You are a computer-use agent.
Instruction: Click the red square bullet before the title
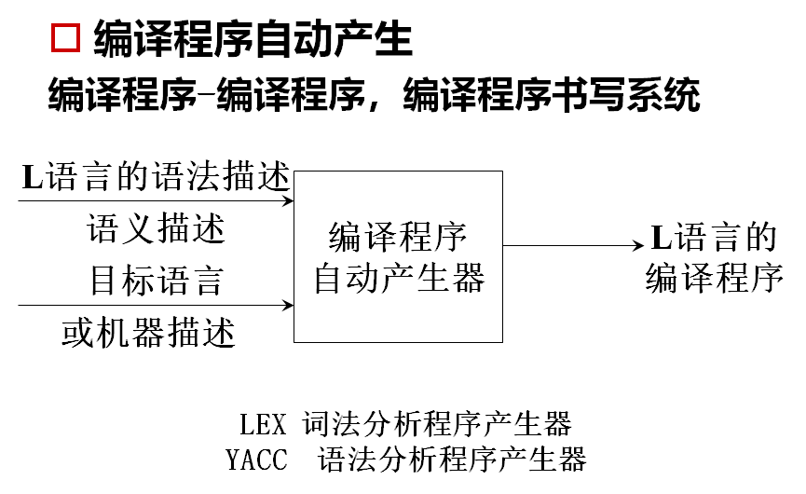point(68,41)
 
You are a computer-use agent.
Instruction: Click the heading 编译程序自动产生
point(253,40)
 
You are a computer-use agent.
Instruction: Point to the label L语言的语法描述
point(156,177)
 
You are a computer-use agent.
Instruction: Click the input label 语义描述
point(157,228)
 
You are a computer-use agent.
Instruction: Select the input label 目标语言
point(156,280)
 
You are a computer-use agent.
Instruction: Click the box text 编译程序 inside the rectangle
point(398,238)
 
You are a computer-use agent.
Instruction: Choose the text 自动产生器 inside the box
point(399,278)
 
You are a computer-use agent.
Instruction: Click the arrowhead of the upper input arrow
point(288,199)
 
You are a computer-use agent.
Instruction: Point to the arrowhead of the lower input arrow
point(288,305)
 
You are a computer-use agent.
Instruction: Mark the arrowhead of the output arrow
point(637,246)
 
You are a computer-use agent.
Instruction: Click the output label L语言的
point(713,238)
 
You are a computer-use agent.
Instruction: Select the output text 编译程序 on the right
point(715,278)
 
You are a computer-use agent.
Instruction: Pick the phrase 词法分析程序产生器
point(436,425)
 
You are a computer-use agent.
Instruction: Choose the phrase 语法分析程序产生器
point(452,460)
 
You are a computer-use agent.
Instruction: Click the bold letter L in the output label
point(661,239)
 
